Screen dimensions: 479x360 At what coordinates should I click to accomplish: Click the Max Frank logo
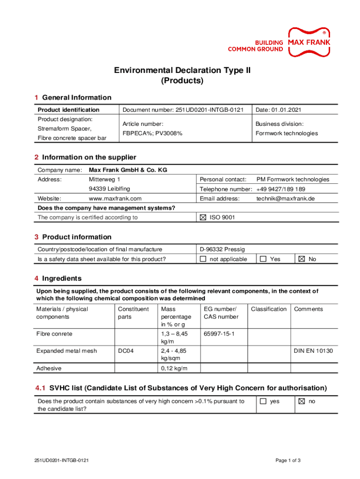(309, 42)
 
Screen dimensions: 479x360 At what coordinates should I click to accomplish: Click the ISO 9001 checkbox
(203, 218)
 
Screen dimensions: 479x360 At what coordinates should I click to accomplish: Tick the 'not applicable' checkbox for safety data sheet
(203, 259)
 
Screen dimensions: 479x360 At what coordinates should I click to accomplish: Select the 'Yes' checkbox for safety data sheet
(263, 259)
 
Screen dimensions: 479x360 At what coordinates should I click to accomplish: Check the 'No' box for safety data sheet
(302, 259)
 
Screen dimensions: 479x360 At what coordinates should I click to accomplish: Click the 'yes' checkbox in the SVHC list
(263, 401)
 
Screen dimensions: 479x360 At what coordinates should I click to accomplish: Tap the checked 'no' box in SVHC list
(302, 401)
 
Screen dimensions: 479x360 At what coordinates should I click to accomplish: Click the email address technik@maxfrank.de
(286, 198)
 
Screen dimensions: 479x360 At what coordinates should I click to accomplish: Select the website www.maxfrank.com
(115, 198)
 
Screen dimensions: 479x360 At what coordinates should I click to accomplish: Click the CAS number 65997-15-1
(219, 334)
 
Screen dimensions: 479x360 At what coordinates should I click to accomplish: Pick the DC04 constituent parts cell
(126, 351)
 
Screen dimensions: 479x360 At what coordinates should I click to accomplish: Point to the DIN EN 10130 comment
(313, 351)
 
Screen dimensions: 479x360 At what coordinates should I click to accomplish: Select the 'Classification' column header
(269, 309)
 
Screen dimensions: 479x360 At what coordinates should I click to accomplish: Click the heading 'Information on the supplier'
(89, 157)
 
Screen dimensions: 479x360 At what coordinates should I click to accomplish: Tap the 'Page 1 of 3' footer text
(288, 461)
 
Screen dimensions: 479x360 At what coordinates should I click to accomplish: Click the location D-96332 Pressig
(222, 249)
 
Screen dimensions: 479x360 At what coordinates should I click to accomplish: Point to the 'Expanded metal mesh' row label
(66, 351)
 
